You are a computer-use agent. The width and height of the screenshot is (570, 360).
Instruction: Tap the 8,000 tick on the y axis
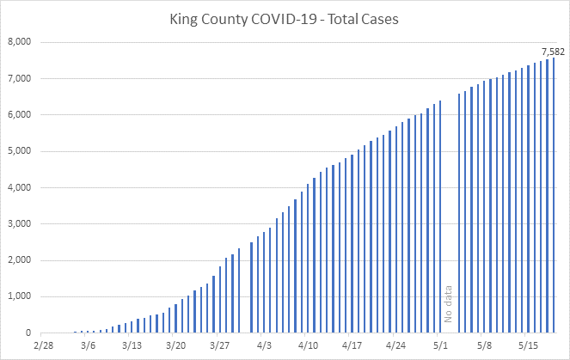pyautogui.click(x=20, y=42)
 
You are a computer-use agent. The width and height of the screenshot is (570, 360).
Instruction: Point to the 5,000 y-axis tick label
pyautogui.click(x=20, y=151)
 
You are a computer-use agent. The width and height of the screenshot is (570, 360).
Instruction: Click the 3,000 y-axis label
pyautogui.click(x=20, y=224)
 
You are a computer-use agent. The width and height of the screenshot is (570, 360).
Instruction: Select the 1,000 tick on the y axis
pyautogui.click(x=20, y=297)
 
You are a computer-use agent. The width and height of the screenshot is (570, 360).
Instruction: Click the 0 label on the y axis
pyautogui.click(x=29, y=333)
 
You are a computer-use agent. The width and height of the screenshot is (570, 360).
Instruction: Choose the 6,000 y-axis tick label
pyautogui.click(x=20, y=115)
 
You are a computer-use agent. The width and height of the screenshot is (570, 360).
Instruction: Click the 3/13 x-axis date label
pyautogui.click(x=132, y=347)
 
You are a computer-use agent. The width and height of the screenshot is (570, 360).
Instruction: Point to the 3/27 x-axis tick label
pyautogui.click(x=220, y=347)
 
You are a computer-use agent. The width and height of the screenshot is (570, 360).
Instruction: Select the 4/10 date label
pyautogui.click(x=309, y=347)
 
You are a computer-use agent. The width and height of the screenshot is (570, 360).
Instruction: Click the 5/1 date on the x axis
pyautogui.click(x=441, y=347)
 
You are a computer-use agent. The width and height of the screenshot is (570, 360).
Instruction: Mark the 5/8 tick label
pyautogui.click(x=485, y=347)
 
